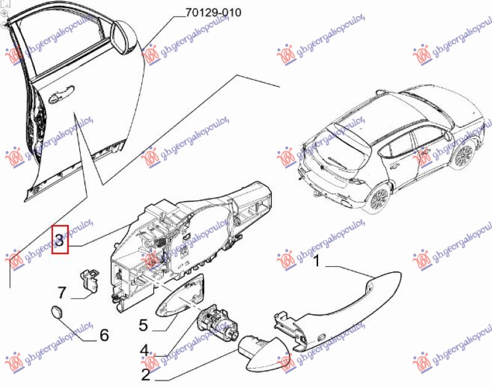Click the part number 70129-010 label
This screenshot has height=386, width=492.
[210, 12]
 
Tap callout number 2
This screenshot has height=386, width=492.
[146, 373]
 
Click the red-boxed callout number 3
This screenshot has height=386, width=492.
[60, 238]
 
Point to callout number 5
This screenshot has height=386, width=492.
[144, 323]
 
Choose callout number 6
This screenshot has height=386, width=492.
[103, 335]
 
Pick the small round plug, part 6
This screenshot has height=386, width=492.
[56, 312]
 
